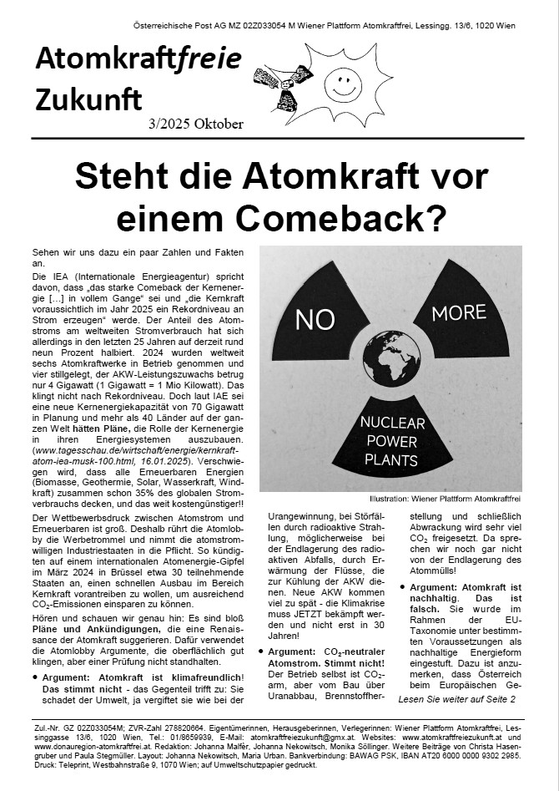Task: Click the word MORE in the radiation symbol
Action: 459,312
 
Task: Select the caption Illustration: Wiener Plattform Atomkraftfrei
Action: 450,499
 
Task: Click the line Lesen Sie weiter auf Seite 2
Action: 456,698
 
